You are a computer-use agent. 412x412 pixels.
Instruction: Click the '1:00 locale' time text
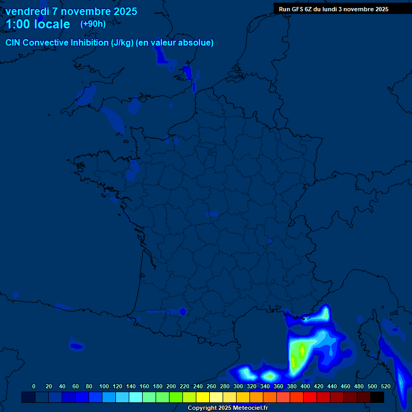point(38,25)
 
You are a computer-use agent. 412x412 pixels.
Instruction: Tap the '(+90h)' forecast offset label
point(93,24)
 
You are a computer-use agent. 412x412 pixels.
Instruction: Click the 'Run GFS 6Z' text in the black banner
point(296,9)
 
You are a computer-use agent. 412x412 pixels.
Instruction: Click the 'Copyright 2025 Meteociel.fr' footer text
point(227,408)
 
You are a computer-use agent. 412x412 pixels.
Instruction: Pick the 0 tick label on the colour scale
point(34,386)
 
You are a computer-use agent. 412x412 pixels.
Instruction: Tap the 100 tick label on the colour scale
point(104,386)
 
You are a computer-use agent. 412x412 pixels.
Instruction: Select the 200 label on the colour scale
point(171,386)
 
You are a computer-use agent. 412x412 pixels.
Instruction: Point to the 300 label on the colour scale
point(238,386)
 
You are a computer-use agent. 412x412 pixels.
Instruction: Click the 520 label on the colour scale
point(386,386)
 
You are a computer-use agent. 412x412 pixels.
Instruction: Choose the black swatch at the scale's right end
point(377,397)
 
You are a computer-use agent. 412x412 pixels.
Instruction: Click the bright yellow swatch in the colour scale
point(203,397)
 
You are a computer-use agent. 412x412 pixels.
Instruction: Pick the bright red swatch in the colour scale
point(310,397)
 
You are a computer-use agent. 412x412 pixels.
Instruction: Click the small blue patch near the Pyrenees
point(182,311)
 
